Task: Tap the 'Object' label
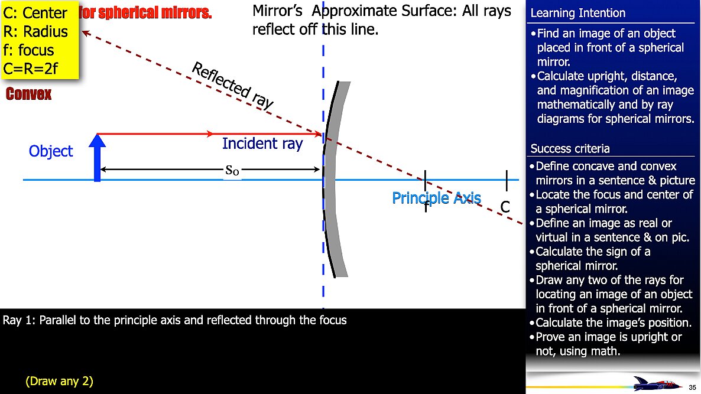coord(51,151)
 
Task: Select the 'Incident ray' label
coord(262,144)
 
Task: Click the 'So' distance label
coord(233,170)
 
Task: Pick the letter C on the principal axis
coord(505,207)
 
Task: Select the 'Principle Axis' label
coord(436,198)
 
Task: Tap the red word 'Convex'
coord(28,95)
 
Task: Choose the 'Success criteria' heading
coord(570,148)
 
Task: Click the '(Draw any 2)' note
coord(59,381)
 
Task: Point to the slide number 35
coord(692,387)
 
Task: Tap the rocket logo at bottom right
coord(655,383)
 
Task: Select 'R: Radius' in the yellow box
coord(35,32)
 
